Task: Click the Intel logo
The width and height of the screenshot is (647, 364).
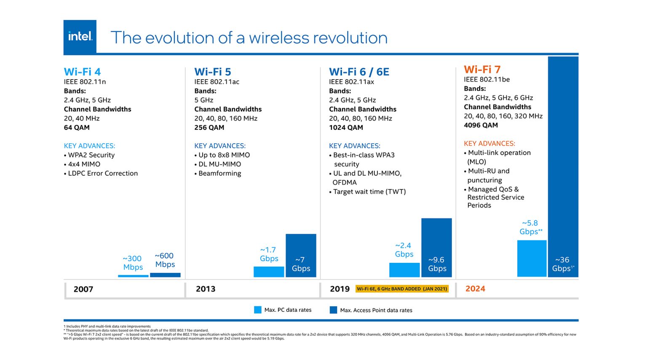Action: (x=80, y=37)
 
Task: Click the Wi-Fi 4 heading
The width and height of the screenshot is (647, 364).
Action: (x=82, y=72)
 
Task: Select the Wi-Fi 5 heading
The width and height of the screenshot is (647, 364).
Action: (x=212, y=72)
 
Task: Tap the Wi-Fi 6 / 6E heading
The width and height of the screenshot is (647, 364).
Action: (x=359, y=72)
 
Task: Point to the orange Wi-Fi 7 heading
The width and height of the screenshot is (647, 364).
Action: (x=482, y=69)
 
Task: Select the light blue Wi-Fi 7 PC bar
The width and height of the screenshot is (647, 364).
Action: (x=532, y=258)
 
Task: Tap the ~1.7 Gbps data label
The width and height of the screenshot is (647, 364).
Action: (x=269, y=254)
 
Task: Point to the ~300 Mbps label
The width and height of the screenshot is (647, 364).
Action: (x=133, y=262)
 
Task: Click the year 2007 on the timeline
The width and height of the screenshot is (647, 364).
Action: (x=83, y=289)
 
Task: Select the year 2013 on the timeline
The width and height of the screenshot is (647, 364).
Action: (x=206, y=289)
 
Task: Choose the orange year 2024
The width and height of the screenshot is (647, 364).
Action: (x=475, y=289)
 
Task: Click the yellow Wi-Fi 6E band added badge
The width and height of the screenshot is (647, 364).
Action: (x=402, y=289)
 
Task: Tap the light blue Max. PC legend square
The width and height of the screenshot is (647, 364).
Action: (x=258, y=310)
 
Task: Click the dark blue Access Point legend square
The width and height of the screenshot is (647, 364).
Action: (x=333, y=310)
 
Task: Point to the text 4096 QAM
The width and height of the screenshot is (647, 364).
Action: (x=481, y=125)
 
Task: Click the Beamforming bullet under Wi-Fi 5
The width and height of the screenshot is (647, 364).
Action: (x=219, y=173)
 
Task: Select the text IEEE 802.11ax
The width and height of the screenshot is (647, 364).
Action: (x=351, y=82)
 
